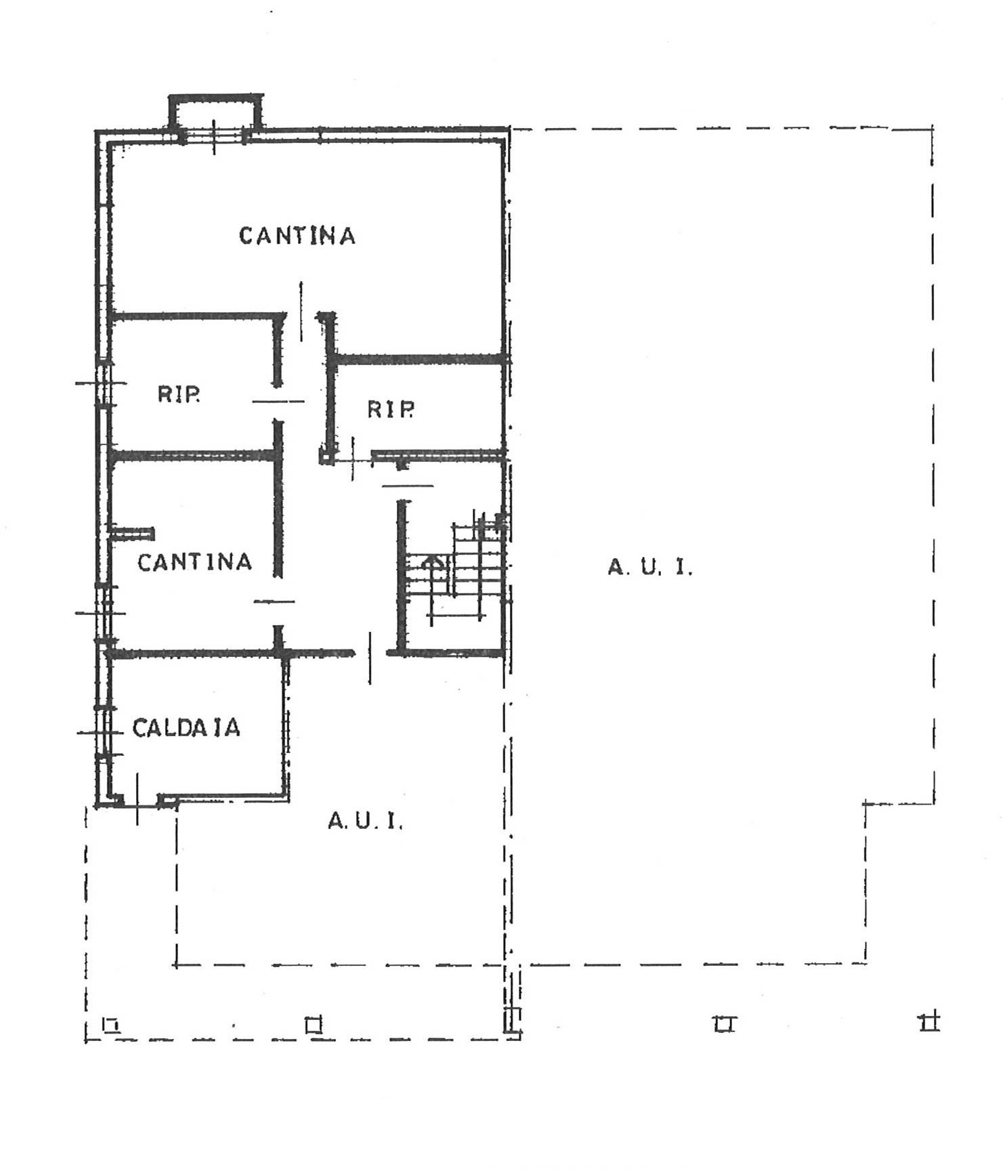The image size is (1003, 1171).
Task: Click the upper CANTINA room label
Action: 297,236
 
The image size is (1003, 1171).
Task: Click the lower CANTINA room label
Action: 194,562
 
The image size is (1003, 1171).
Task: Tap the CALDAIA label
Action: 186,728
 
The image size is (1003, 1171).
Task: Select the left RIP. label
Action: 179,394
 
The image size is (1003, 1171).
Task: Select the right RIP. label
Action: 390,409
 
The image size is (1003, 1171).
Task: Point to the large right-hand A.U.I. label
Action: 650,567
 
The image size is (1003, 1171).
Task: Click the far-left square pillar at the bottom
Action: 111,1025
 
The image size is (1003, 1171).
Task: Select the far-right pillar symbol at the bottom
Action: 929,1022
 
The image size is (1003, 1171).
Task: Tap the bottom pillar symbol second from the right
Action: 724,1024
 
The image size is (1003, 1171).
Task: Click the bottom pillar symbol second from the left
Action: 314,1025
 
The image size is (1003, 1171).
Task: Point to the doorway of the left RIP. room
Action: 278,402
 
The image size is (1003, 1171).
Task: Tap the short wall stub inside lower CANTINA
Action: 133,534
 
